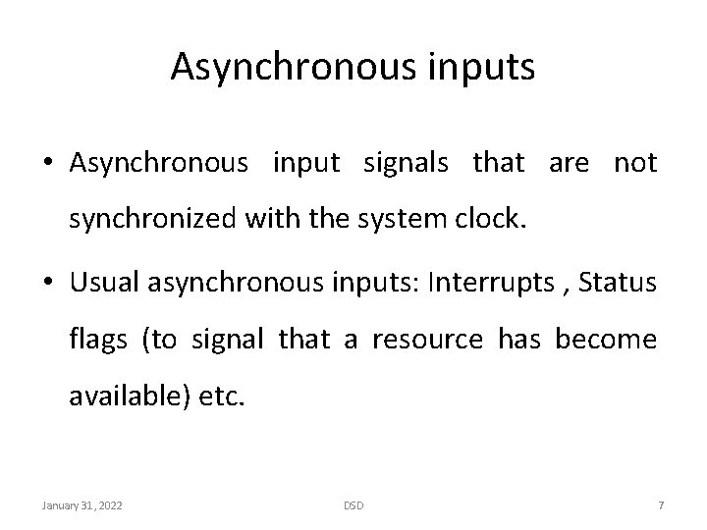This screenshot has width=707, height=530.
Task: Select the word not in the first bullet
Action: pos(635,163)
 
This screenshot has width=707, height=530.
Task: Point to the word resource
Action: pos(427,340)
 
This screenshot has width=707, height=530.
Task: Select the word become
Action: pos(606,340)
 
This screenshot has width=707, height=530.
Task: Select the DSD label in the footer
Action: pos(353,505)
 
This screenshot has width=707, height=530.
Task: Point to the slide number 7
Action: pos(661,505)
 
